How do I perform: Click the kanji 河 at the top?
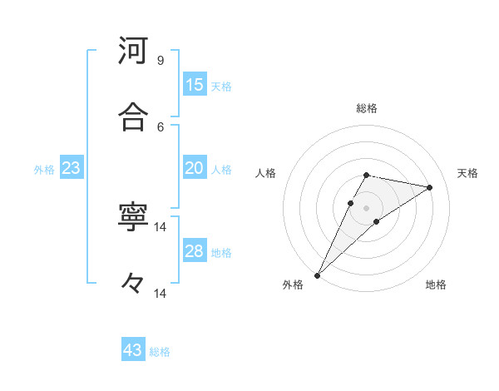tap(133, 51)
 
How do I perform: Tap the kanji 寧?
tap(133, 218)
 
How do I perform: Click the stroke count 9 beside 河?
tap(161, 61)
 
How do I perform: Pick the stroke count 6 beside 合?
tap(161, 126)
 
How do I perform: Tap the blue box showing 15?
tap(195, 85)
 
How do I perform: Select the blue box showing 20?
tap(195, 168)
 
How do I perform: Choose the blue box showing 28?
tap(195, 251)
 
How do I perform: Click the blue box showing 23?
tap(72, 168)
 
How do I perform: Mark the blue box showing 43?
tap(133, 350)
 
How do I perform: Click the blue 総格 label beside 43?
tap(160, 352)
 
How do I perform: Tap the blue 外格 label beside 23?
tap(44, 170)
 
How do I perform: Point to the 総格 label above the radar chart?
tap(367, 108)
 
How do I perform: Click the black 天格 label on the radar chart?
tap(467, 173)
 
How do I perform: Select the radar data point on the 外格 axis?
tap(318, 275)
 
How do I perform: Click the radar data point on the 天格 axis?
tap(430, 187)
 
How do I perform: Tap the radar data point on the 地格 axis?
tap(377, 221)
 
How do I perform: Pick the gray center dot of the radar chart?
tap(367, 207)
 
